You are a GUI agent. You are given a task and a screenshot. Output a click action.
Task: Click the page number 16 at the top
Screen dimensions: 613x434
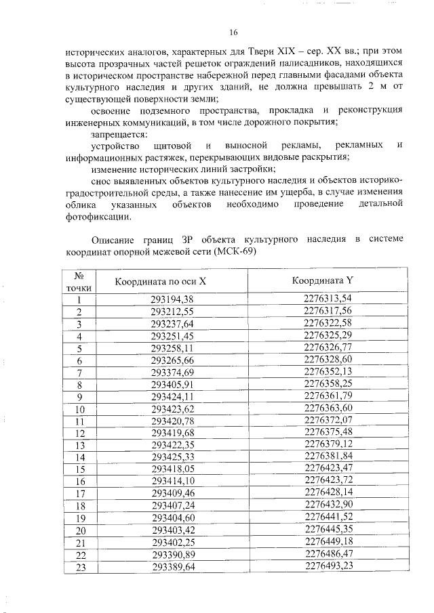coord(234,32)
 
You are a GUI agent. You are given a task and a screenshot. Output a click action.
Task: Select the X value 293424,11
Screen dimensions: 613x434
coord(172,397)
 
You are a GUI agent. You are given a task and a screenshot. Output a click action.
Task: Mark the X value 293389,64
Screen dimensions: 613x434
coord(172,567)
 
